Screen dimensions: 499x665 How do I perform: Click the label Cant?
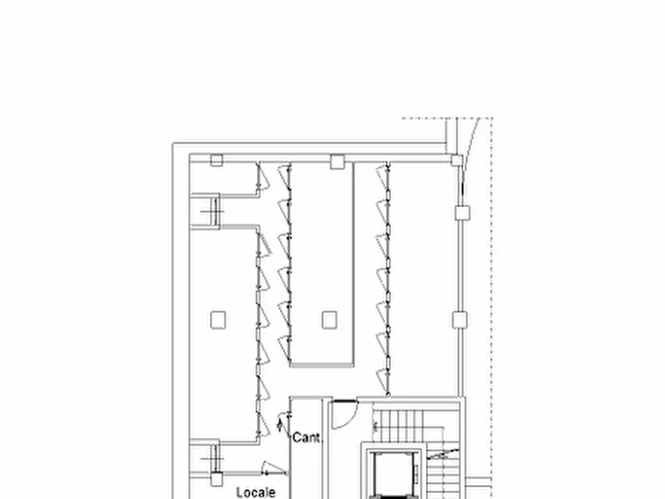click(307, 437)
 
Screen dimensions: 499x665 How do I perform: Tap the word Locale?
click(255, 492)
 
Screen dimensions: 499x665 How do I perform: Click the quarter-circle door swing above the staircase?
click(343, 416)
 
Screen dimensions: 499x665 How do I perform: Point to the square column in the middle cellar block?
click(329, 320)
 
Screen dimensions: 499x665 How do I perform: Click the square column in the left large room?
click(217, 320)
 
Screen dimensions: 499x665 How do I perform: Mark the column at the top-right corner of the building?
click(456, 159)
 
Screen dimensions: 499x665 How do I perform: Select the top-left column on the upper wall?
click(217, 159)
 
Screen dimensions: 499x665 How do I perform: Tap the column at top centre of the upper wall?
click(337, 159)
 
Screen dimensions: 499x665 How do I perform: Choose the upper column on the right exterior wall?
click(462, 213)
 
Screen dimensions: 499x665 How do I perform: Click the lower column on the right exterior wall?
click(460, 320)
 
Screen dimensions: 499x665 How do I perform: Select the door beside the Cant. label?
click(281, 425)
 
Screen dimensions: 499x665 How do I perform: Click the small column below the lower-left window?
click(216, 480)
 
